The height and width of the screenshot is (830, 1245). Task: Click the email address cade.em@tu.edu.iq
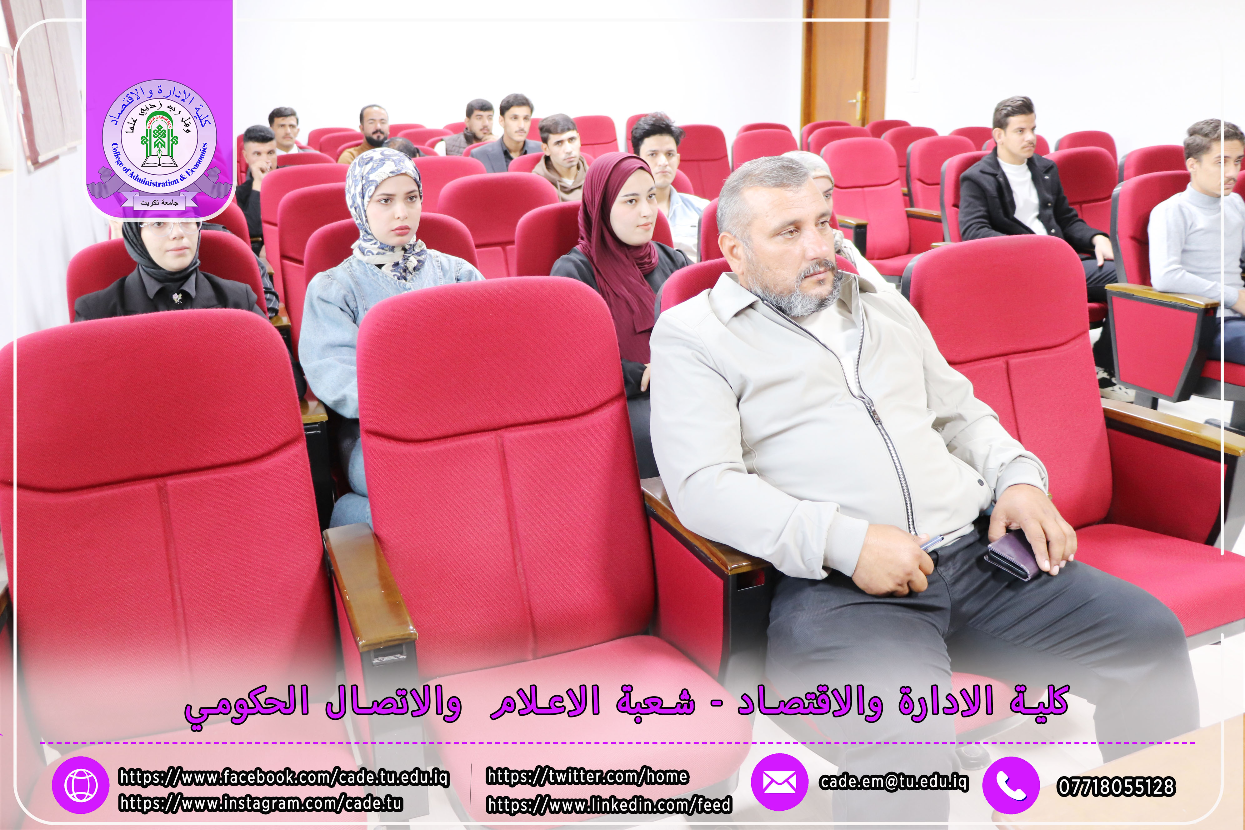coord(893,782)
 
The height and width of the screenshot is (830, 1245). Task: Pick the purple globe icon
coord(80,785)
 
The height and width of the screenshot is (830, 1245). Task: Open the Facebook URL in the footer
coord(284,777)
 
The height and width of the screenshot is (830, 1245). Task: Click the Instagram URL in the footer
coord(260,803)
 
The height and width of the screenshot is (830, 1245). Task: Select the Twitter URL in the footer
coord(587,776)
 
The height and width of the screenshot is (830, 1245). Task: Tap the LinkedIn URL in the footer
coord(609,805)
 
